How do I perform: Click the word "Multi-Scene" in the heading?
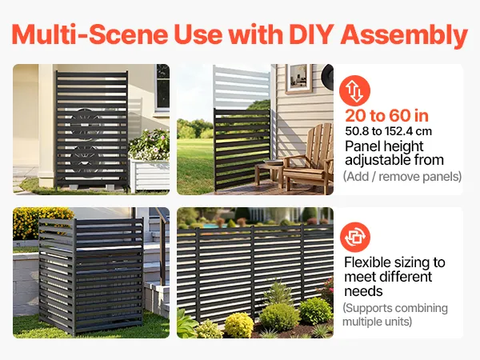pyautogui.click(x=90, y=34)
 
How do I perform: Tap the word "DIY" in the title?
pyautogui.click(x=311, y=34)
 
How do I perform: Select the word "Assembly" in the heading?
pyautogui.click(x=404, y=35)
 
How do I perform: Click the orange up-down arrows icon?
pyautogui.click(x=354, y=91)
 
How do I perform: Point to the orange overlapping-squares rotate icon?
pyautogui.click(x=355, y=237)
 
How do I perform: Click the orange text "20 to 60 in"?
pyautogui.click(x=387, y=116)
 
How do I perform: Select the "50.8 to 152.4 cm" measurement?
pyautogui.click(x=389, y=131)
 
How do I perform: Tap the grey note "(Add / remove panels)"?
pyautogui.click(x=402, y=177)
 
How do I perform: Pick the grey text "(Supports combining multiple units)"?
pyautogui.click(x=395, y=314)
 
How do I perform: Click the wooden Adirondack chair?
pyautogui.click(x=309, y=156)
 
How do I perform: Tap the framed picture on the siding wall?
pyautogui.click(x=298, y=78)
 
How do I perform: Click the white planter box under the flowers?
pyautogui.click(x=150, y=175)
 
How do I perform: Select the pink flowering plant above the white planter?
pyautogui.click(x=150, y=145)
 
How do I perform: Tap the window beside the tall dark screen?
pyautogui.click(x=162, y=87)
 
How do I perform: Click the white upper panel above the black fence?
pyautogui.click(x=242, y=87)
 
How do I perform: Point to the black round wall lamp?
pyautogui.click(x=327, y=77)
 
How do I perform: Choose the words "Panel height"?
pyautogui.click(x=384, y=146)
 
